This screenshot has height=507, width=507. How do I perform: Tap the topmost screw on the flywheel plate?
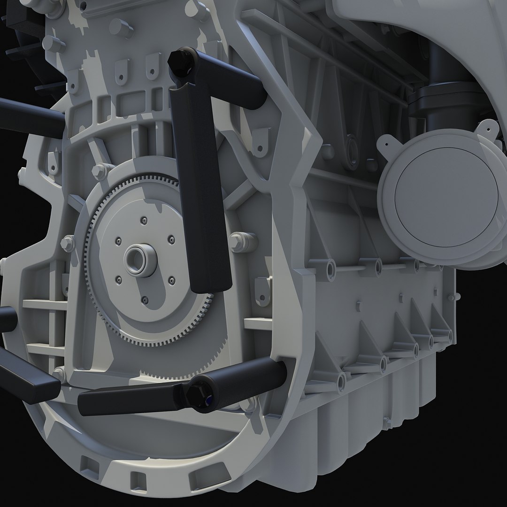[143, 218]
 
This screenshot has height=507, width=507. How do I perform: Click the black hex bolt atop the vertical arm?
[180, 61]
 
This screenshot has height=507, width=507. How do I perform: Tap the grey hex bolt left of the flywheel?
[68, 242]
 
